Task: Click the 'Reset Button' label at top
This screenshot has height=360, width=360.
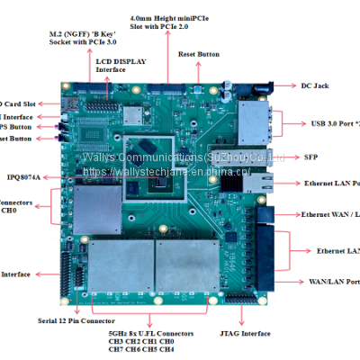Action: [199, 54]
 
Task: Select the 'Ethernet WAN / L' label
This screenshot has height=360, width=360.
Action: [329, 214]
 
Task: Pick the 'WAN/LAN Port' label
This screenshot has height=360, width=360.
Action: [333, 281]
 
